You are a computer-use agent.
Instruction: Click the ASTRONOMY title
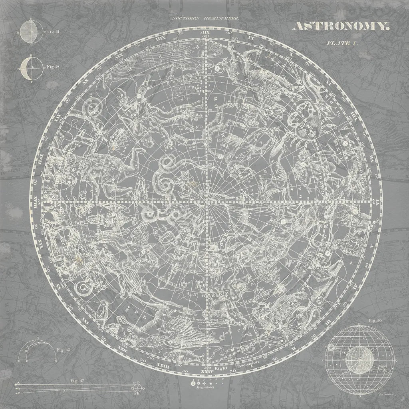(x=340, y=27)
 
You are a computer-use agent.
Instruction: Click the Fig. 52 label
(x=53, y=67)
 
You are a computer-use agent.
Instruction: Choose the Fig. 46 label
(x=63, y=350)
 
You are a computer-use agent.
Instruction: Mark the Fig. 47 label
(x=74, y=381)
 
